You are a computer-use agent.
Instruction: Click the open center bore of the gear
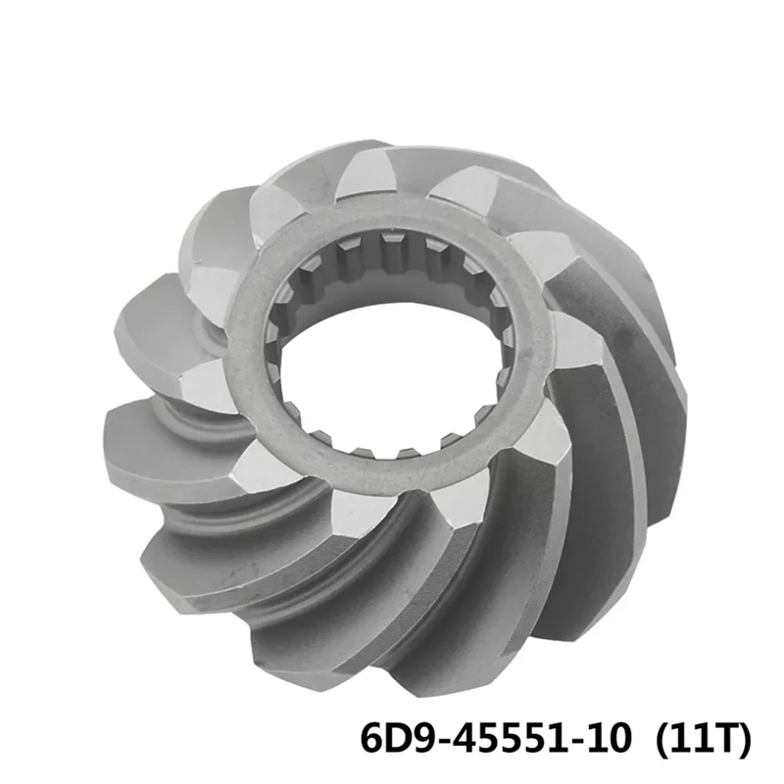(x=392, y=372)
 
